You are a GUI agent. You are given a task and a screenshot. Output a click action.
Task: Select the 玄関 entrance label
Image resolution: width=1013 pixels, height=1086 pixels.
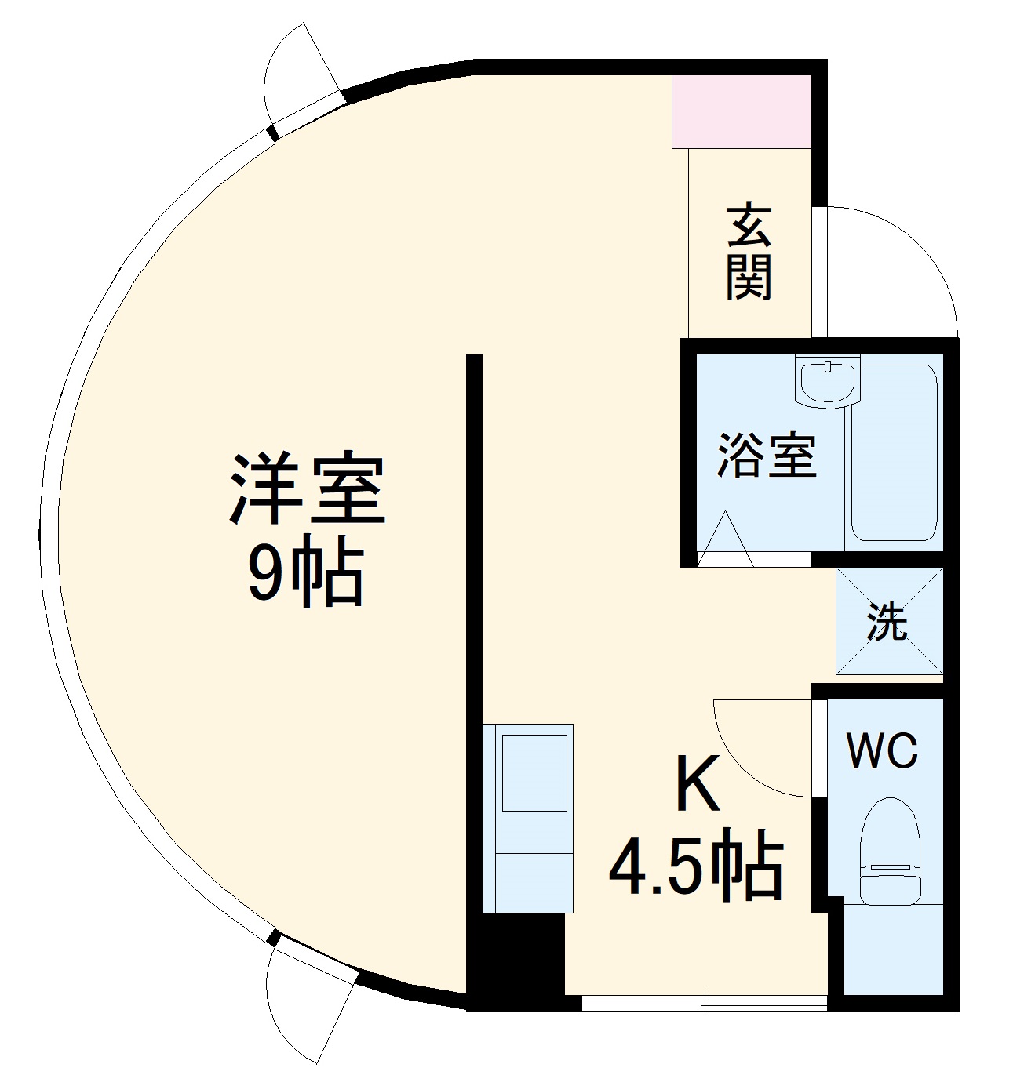tap(749, 252)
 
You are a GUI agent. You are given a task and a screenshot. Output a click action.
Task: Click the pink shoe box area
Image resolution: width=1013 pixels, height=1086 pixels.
tap(742, 111)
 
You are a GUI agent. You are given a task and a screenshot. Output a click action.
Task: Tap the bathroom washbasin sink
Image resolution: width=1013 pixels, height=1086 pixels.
tap(827, 380)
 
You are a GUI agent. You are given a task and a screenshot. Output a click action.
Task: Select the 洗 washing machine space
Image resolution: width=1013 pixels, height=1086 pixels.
tap(889, 621)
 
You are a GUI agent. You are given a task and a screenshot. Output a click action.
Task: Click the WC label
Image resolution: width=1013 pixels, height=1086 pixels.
tap(882, 751)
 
